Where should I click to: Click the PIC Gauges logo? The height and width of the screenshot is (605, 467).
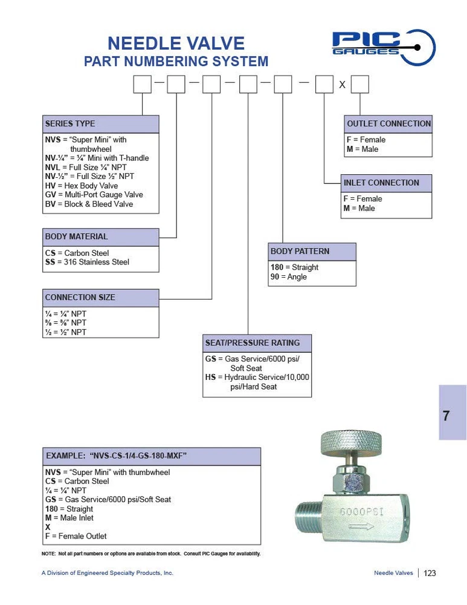click(x=383, y=47)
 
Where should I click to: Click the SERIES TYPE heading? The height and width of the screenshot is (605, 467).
click(x=70, y=123)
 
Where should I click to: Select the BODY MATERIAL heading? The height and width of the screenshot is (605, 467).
click(x=77, y=237)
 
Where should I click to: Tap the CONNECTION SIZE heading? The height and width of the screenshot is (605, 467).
click(x=80, y=298)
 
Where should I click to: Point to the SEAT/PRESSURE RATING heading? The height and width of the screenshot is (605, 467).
click(x=253, y=343)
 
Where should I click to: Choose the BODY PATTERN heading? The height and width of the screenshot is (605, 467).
click(x=300, y=251)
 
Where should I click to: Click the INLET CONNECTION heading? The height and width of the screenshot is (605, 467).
click(x=381, y=183)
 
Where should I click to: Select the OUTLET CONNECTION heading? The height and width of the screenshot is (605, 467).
click(x=388, y=123)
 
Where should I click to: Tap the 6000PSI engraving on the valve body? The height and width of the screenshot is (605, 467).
click(x=362, y=511)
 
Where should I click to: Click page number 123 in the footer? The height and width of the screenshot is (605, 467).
click(x=430, y=573)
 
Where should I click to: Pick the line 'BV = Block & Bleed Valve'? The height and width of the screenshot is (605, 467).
click(x=89, y=204)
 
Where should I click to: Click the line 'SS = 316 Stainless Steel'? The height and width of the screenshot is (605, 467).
click(x=88, y=262)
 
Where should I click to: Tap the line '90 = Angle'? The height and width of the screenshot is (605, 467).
click(x=289, y=277)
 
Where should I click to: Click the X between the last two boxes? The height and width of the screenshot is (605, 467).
click(x=342, y=85)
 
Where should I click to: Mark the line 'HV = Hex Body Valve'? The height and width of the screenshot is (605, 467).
click(x=82, y=186)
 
